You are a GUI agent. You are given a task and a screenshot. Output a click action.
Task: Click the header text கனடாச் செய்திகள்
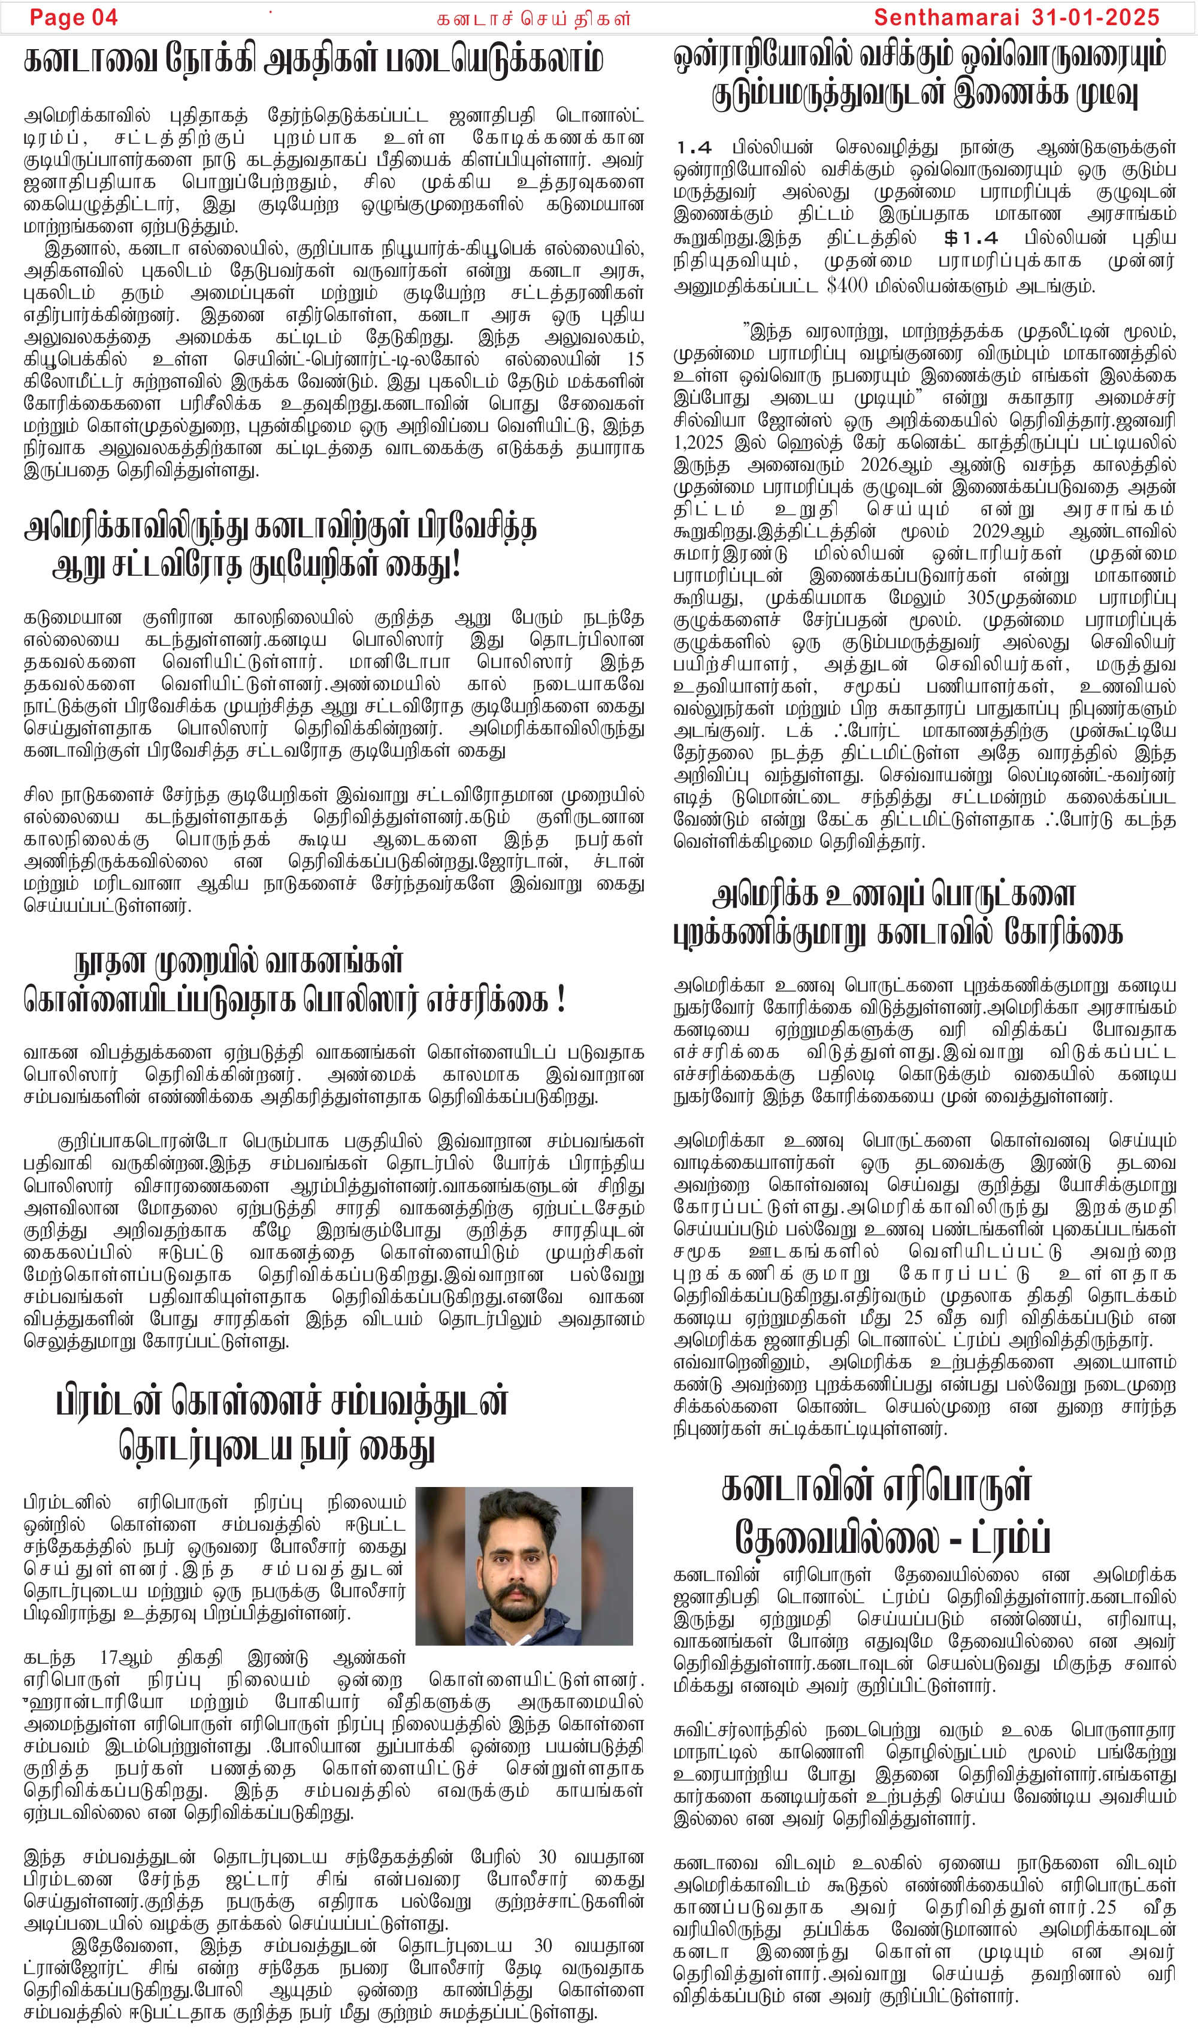click(x=534, y=19)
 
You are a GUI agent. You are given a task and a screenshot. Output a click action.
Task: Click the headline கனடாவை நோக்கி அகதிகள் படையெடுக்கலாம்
click(x=314, y=61)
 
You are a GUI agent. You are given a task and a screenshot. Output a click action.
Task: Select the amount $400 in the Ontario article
click(x=848, y=285)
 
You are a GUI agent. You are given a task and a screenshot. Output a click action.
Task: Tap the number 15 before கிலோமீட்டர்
click(x=636, y=359)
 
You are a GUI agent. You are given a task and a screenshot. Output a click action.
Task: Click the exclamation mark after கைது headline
click(x=456, y=565)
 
